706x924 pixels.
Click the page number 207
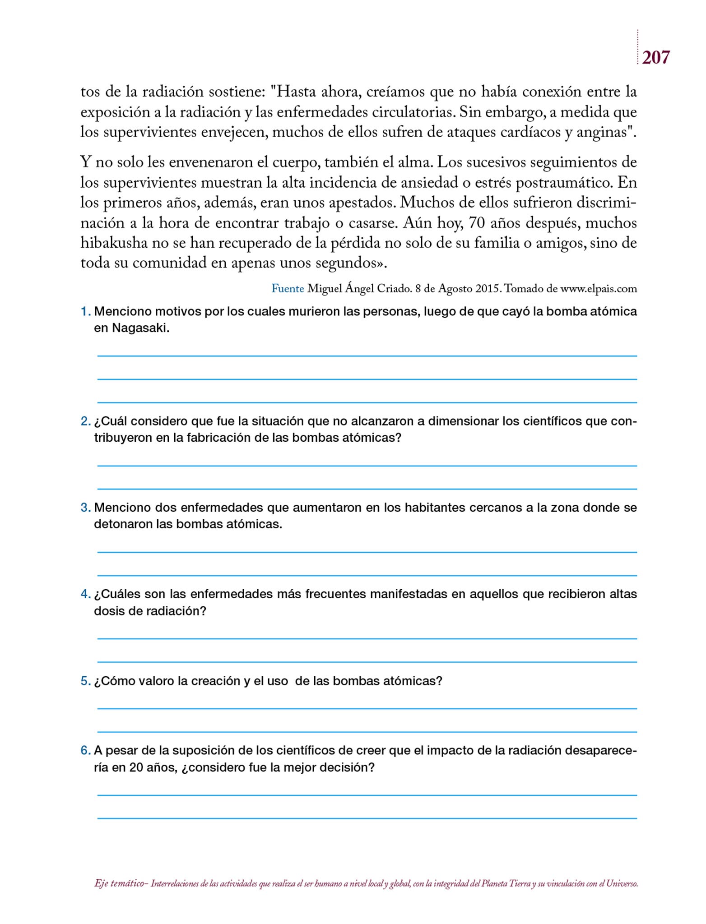pos(655,58)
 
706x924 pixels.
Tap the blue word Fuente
pos(288,289)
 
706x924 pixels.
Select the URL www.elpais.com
pos(599,289)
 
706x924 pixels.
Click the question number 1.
pos(85,311)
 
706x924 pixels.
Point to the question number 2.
pos(85,421)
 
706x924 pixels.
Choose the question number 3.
pos(85,508)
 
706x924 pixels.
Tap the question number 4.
pos(85,594)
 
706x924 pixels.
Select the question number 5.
pos(85,681)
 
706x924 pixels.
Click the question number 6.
pos(85,751)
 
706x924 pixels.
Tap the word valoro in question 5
pos(156,681)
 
